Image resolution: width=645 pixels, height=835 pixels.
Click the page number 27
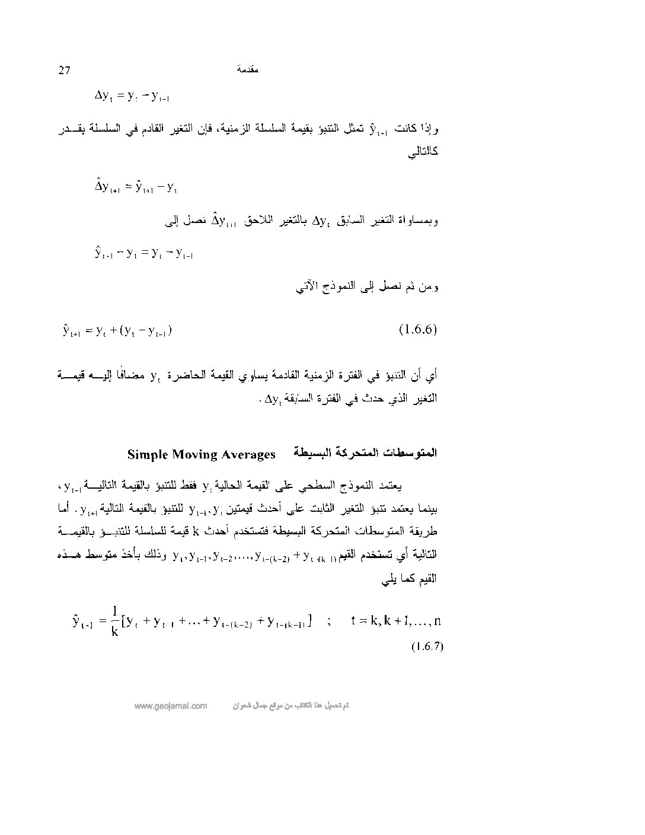coord(65,71)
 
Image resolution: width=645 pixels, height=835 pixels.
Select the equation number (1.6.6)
coord(418,330)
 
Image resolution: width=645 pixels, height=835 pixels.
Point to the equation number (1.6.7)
coord(427,646)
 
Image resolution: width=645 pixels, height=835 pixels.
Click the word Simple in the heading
coord(148,455)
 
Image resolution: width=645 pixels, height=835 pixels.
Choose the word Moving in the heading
coord(196,455)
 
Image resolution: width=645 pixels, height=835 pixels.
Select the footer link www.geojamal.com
coord(171,706)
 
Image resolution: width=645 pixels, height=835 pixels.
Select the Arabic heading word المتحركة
coord(356,454)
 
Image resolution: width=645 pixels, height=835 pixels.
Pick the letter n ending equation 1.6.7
coord(437,621)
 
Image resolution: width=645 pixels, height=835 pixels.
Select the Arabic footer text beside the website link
coord(289,706)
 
